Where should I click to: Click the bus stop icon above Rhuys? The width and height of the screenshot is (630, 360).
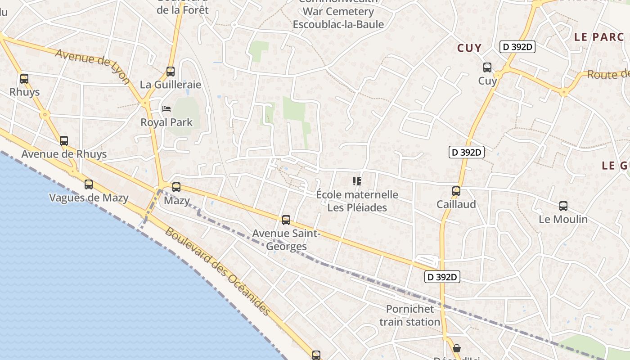click(x=24, y=79)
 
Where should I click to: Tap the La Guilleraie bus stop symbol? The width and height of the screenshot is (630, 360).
click(x=171, y=71)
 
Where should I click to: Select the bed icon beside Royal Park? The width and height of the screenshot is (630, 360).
click(x=166, y=109)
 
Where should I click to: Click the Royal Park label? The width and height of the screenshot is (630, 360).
click(x=166, y=122)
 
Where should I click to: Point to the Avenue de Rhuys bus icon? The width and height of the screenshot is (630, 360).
click(x=64, y=140)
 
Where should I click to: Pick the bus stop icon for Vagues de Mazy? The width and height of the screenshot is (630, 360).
click(x=89, y=184)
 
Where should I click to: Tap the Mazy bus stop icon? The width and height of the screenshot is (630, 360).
click(x=176, y=187)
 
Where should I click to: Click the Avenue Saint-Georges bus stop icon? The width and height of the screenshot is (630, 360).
click(x=286, y=220)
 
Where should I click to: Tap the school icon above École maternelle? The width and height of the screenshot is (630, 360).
click(x=357, y=181)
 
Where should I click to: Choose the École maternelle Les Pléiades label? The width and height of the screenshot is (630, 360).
click(x=357, y=201)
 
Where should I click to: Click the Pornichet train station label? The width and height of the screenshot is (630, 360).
click(x=409, y=315)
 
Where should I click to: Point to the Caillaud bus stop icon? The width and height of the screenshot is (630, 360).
click(x=456, y=191)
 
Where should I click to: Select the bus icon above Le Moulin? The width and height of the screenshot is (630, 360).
click(x=563, y=206)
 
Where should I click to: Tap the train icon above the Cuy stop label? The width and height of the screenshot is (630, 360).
click(x=487, y=67)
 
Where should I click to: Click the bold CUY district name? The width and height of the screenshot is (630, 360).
click(x=469, y=48)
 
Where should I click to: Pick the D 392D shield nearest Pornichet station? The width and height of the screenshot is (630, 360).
click(x=442, y=277)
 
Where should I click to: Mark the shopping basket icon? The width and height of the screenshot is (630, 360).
click(x=457, y=348)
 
